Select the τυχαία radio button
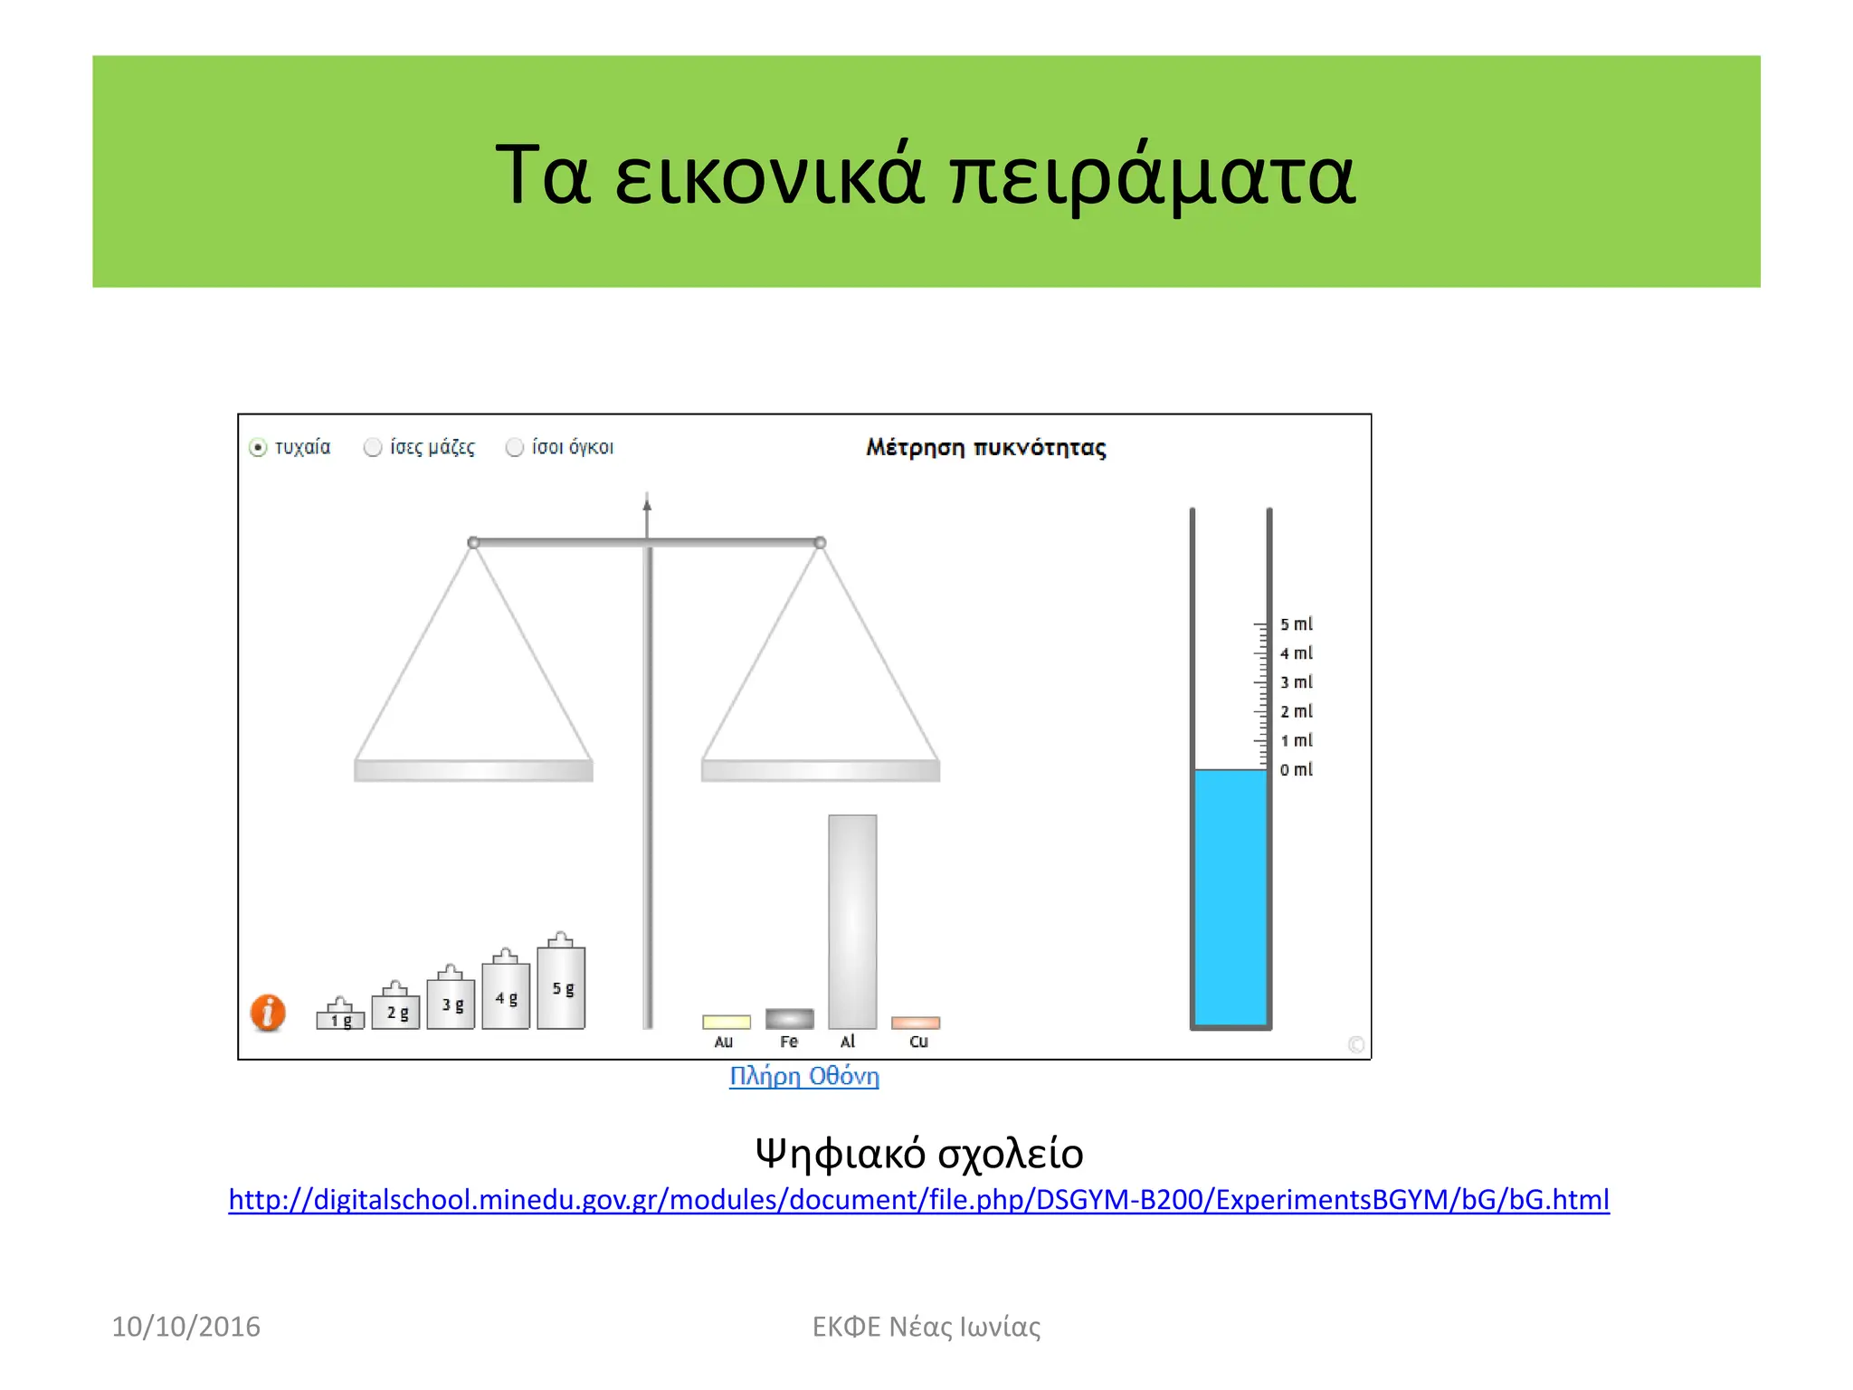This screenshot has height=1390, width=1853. click(259, 448)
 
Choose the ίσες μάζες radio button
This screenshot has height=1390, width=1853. click(373, 448)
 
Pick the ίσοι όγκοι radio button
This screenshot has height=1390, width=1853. click(515, 448)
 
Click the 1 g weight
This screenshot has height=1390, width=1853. click(340, 1016)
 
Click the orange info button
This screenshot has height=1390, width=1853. click(268, 1013)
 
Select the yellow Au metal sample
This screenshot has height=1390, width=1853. click(727, 1022)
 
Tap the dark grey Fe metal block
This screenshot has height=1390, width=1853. click(789, 1019)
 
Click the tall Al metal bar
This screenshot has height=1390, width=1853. click(852, 921)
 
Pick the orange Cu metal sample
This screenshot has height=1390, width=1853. click(916, 1023)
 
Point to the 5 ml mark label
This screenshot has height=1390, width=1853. click(1296, 624)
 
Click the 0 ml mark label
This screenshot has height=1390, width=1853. click(1296, 770)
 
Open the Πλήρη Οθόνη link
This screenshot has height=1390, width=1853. click(804, 1077)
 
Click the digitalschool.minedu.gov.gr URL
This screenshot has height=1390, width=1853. click(918, 1200)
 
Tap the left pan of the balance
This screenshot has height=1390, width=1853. click(473, 770)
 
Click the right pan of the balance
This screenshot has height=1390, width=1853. click(821, 770)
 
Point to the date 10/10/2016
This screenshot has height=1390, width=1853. click(185, 1327)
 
